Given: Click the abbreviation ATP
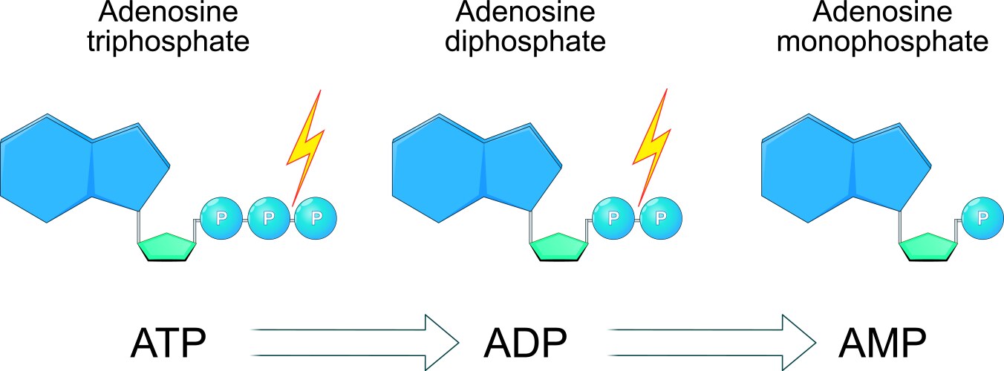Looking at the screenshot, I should [168, 343].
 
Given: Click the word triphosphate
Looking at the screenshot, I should [167, 40].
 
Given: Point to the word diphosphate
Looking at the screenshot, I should [525, 40].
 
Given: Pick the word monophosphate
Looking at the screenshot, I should [882, 40].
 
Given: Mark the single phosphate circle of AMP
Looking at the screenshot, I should [982, 217].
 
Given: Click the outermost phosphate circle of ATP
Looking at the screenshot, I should [316, 217].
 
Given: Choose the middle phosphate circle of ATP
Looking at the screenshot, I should [269, 217].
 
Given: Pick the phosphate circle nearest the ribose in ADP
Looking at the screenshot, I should [613, 217].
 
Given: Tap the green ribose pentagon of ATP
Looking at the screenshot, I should [168, 248].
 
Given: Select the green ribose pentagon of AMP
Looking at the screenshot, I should [929, 248].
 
